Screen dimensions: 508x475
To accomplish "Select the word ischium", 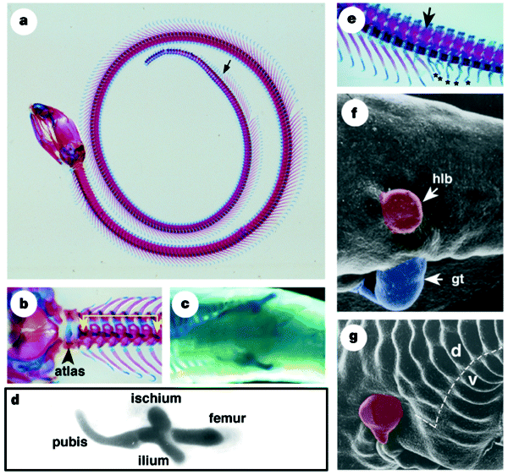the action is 152,398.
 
